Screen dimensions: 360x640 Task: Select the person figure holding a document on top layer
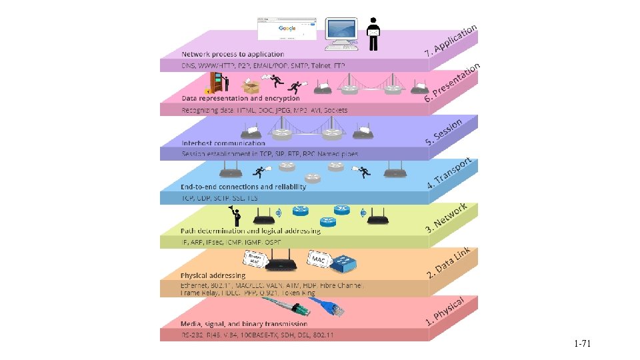tap(374, 33)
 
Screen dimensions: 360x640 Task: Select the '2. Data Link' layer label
tap(449, 263)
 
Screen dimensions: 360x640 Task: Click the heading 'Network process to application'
tap(233, 54)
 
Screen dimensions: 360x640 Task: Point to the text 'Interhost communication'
tap(223, 143)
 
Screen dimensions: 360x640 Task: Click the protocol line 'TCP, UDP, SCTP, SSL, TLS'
tap(219, 199)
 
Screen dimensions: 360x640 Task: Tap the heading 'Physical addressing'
tap(213, 275)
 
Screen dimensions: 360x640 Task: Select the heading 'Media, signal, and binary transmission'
tap(249, 324)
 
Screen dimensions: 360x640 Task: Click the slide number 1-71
tap(582, 344)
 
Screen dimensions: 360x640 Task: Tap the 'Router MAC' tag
tap(255, 258)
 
